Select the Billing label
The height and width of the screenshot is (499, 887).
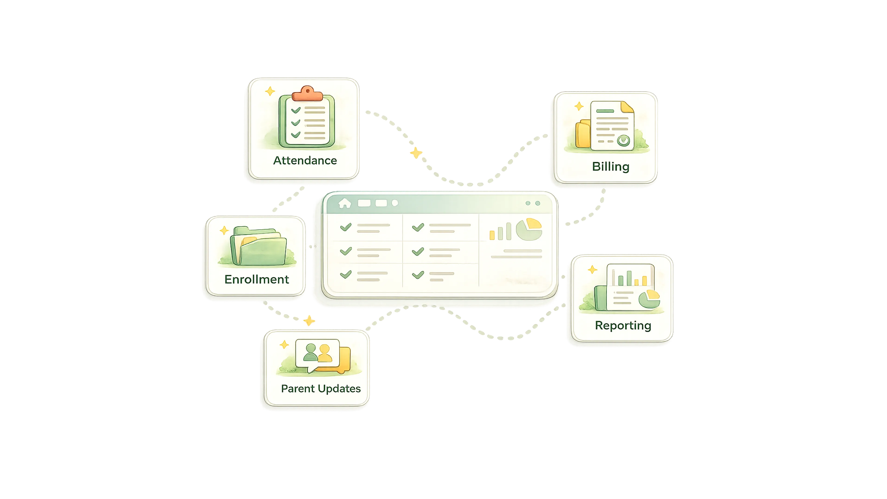610,167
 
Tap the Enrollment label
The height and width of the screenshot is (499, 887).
257,279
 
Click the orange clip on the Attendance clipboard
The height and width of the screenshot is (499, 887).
307,93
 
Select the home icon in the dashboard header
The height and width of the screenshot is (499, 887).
344,203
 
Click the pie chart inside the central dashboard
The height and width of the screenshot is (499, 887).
529,229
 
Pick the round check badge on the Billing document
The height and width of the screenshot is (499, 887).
623,140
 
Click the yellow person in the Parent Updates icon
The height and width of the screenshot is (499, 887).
325,354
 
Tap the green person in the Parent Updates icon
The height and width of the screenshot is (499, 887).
311,353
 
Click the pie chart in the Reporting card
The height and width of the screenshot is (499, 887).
649,298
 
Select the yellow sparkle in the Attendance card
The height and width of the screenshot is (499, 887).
270,91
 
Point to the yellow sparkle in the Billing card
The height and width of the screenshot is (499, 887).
579,106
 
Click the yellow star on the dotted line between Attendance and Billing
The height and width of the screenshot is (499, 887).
416,153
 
